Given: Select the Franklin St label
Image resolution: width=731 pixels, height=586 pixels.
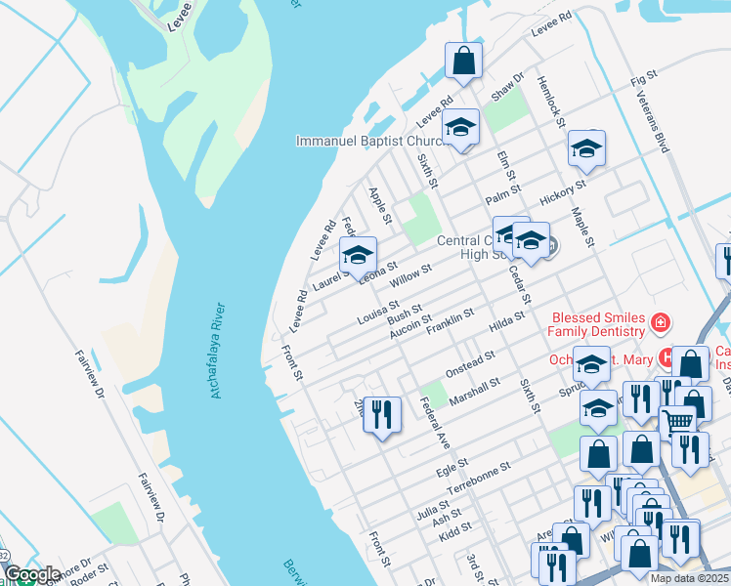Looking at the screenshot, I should click(450, 320).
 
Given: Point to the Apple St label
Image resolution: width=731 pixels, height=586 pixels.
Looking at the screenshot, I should click(379, 206).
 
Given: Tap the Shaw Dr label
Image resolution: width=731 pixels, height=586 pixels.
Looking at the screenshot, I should click(509, 89).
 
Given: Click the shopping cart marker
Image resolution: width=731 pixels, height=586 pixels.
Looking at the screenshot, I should click(677, 422).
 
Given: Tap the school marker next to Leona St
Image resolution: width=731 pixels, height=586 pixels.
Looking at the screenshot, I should click(358, 255).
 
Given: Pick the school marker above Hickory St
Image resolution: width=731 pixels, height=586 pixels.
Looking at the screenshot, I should click(585, 147).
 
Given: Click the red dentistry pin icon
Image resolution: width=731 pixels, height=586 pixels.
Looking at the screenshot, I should click(662, 322).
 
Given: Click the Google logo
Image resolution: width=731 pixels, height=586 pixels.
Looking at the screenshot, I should click(31, 574).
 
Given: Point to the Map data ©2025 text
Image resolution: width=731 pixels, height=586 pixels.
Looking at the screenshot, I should click(689, 578).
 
